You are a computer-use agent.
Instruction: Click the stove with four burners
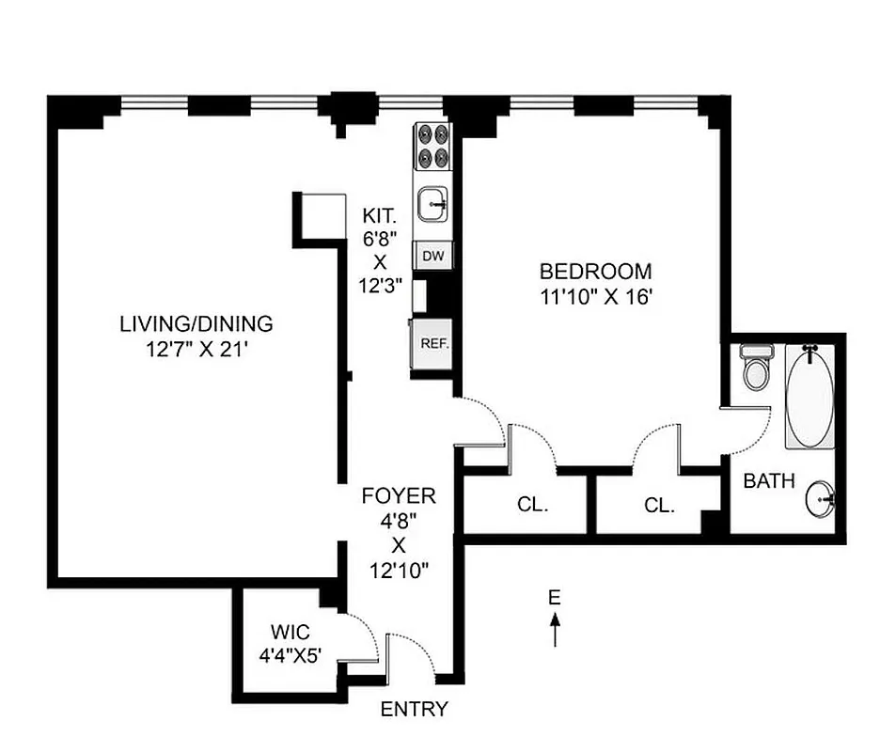pos(432,147)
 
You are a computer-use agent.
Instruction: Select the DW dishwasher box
pos(432,256)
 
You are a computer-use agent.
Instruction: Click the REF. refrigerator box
pos(432,343)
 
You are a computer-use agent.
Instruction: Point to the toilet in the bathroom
pos(755,368)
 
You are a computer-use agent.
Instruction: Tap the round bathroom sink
pos(820,499)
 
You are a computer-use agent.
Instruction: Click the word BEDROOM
pos(595,272)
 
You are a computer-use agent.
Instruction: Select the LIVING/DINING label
pos(196,324)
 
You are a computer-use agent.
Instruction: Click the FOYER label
pos(399,495)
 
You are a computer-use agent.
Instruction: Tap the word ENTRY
pos(414,710)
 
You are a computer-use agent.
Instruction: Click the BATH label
pos(769,481)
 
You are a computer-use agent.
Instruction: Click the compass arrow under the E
pos(555,629)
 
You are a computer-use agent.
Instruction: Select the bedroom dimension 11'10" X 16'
pos(595,296)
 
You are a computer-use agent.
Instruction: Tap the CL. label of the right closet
pos(659,505)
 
